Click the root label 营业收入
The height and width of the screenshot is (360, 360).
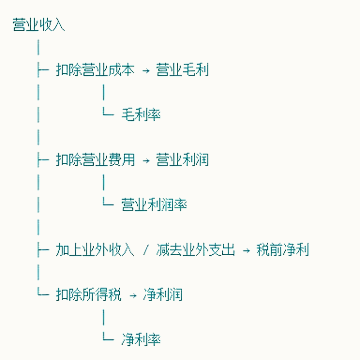39,25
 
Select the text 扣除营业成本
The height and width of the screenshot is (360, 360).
95,70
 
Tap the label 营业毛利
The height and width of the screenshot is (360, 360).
182,70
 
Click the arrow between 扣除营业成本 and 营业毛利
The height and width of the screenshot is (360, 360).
145,71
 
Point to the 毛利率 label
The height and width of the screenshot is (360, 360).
141,115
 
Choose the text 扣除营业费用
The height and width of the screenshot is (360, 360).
95,160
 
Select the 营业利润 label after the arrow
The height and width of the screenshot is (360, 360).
182,160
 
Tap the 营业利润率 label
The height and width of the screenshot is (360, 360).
154,205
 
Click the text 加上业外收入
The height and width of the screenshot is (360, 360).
95,250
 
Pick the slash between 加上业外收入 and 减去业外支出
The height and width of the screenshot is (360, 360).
145,250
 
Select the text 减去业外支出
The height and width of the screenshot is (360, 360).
196,250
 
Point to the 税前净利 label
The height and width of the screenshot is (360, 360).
283,250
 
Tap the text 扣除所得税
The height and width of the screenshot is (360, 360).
89,295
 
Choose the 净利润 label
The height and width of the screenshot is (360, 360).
162,295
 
